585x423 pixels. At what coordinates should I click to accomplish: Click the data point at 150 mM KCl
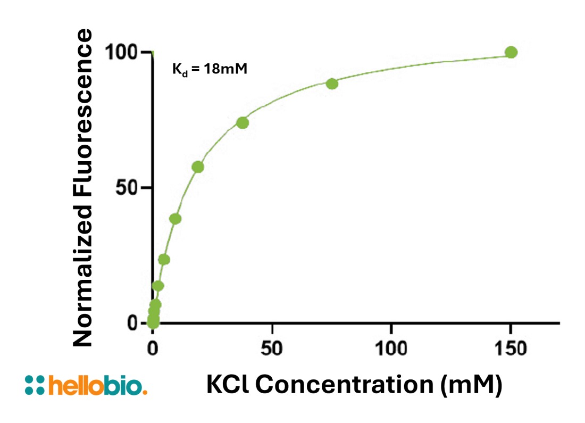click(511, 52)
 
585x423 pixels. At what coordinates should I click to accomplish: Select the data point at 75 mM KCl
click(332, 84)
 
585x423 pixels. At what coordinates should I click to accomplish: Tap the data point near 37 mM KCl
click(243, 123)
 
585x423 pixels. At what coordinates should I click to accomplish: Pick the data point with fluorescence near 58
click(198, 167)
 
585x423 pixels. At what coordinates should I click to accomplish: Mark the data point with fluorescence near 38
click(175, 219)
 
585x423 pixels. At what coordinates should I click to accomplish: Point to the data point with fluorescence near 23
click(164, 260)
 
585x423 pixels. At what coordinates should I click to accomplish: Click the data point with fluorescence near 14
click(158, 286)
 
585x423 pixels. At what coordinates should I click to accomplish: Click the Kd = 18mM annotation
click(210, 69)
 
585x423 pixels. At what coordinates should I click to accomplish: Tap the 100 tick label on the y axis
click(122, 52)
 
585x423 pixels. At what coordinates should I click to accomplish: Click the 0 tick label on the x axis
click(153, 350)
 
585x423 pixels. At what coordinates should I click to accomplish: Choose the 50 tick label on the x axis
click(272, 350)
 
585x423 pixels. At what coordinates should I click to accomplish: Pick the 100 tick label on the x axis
click(391, 350)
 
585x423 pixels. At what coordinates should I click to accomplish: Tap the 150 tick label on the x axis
click(511, 350)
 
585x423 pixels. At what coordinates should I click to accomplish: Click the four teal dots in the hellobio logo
click(35, 385)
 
